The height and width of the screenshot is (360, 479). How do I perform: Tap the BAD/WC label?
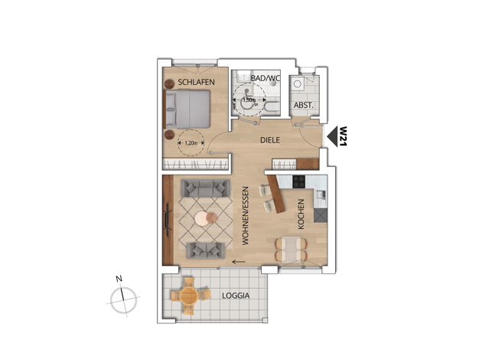(x=265, y=78)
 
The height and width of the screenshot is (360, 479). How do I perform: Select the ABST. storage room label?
(x=304, y=105)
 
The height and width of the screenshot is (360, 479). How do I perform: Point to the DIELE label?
(x=270, y=140)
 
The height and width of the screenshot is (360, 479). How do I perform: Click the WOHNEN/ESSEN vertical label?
(x=246, y=216)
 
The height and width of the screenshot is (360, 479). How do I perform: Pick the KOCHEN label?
(x=301, y=214)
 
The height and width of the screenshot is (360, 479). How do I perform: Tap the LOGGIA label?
(x=236, y=296)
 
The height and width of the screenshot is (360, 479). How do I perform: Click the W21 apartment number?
(x=344, y=136)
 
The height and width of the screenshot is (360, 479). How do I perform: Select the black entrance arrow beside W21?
(x=332, y=136)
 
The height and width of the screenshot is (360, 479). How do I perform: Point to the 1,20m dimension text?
(x=191, y=142)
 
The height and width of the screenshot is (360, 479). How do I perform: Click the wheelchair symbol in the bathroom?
(x=248, y=100)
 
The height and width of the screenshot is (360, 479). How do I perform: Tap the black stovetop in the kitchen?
(x=298, y=182)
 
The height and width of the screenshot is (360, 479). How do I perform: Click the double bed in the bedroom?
(x=187, y=110)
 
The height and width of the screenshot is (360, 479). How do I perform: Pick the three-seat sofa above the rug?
(x=205, y=188)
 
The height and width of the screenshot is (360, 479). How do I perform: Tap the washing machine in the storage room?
(x=296, y=83)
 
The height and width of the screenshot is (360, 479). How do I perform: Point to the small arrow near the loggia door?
(x=239, y=262)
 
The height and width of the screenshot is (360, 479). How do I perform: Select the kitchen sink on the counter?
(x=321, y=194)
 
